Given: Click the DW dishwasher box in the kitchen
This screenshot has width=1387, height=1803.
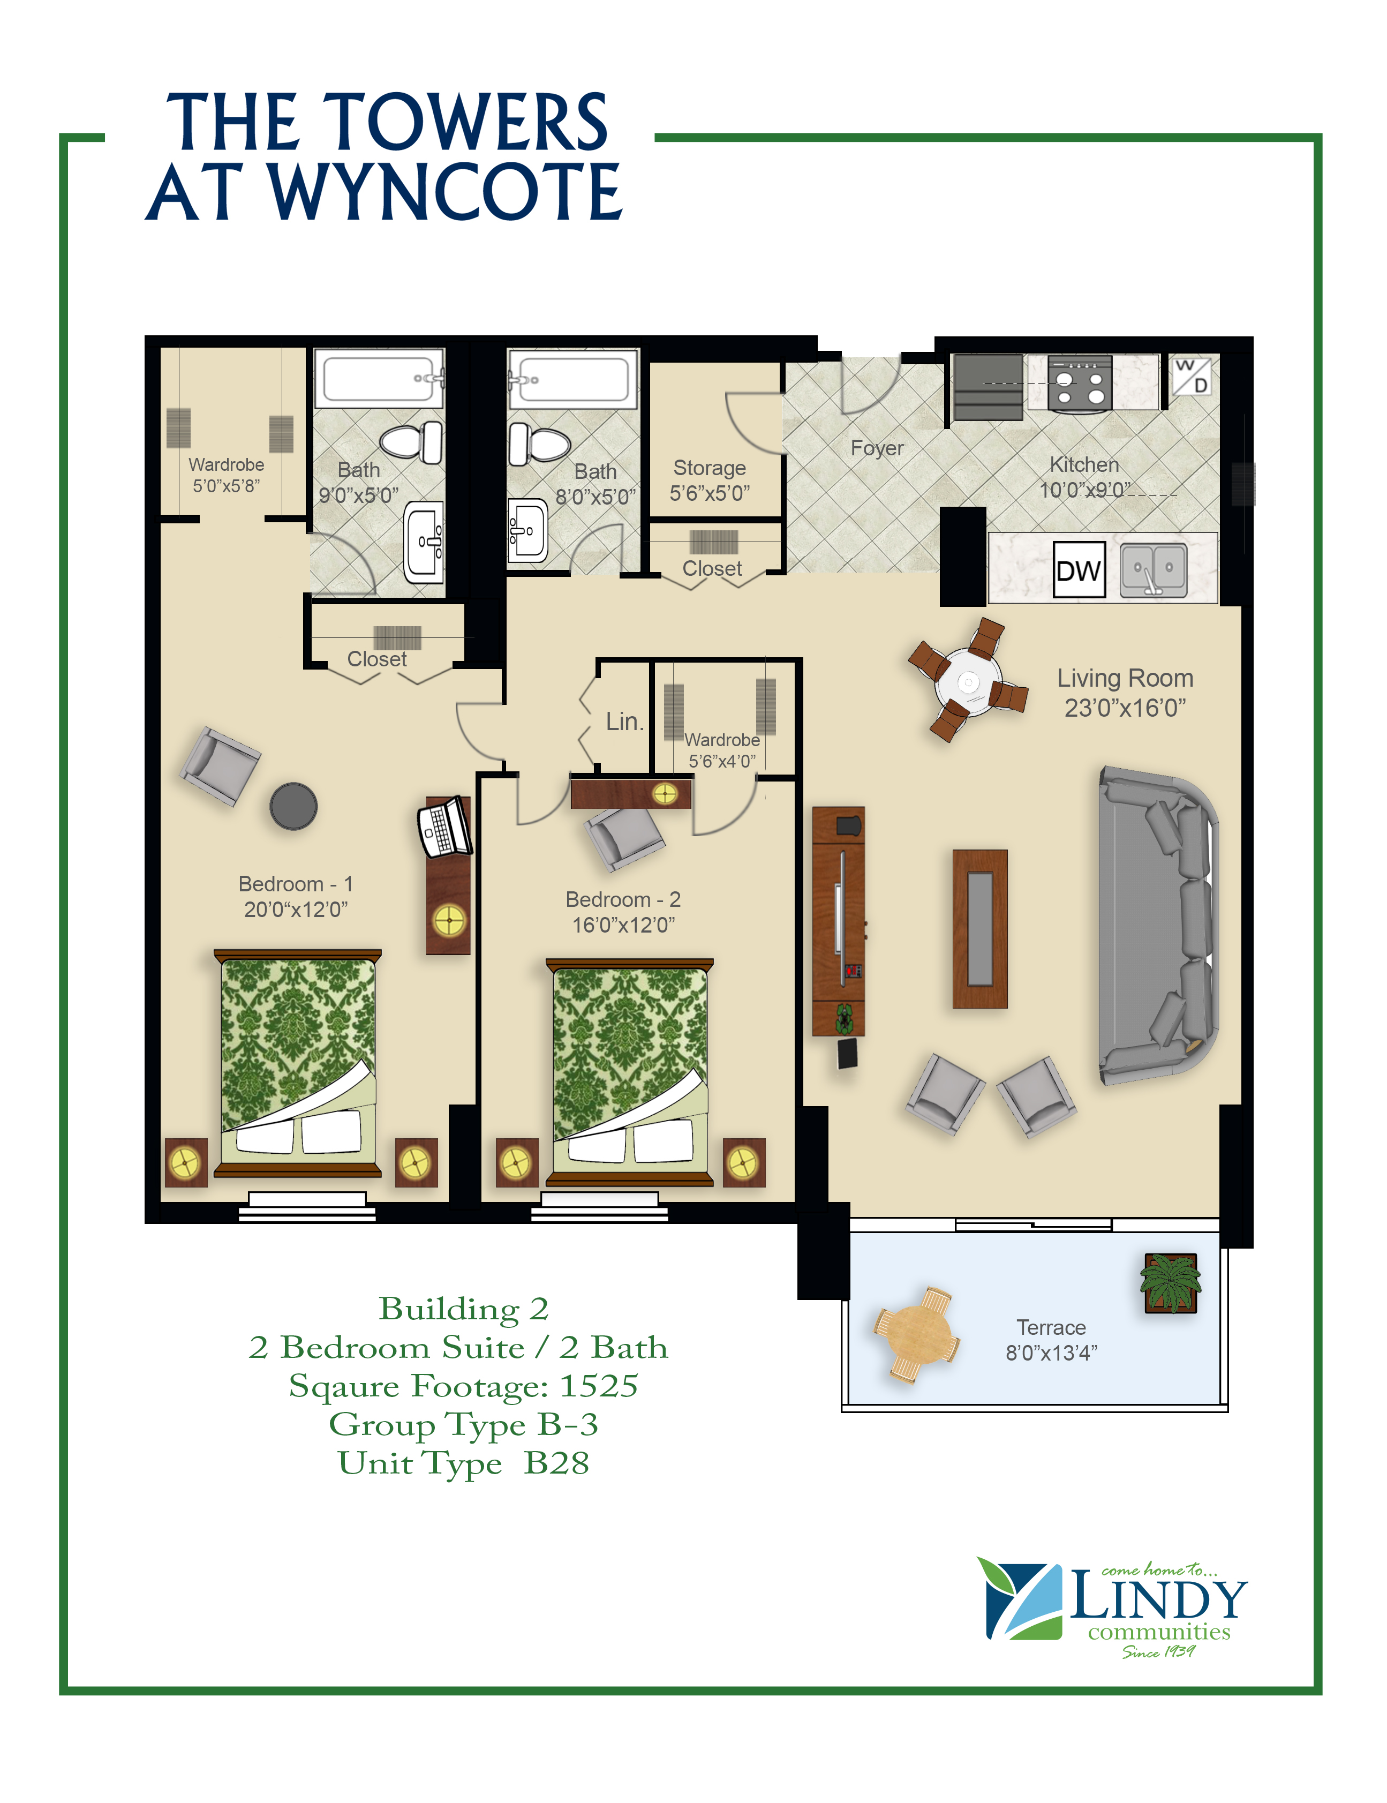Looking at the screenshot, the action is pos(1079,569).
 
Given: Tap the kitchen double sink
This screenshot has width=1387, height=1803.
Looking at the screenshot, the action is pos(1154,569).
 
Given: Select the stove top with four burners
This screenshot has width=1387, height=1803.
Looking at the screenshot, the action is pos(1079,383).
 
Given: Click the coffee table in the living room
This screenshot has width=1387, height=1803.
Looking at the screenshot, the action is pos(980,929).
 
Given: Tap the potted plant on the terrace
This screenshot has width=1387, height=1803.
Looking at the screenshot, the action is pos(1171,1283).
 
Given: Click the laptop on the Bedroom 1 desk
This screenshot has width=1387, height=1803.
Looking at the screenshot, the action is pos(445,827).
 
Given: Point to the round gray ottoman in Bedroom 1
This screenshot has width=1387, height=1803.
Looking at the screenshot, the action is pos(293,806).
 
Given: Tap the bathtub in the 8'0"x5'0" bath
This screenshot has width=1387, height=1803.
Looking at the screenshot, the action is pos(573,379).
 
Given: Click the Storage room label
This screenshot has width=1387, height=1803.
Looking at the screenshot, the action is pos(710,468).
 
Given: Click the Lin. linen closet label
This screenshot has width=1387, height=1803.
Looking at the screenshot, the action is pos(624,722).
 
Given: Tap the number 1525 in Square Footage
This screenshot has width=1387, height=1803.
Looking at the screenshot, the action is pos(599,1386).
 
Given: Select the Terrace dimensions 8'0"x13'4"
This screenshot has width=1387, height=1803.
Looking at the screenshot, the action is pos(1051,1353).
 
